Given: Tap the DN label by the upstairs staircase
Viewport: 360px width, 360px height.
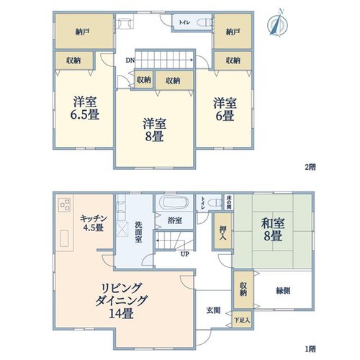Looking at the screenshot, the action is click(130, 60).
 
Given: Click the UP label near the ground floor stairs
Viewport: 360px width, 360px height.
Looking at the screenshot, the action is click(185, 254).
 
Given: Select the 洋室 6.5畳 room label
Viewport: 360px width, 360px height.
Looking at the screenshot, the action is click(85, 108).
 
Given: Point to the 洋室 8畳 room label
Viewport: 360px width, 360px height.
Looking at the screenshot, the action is click(154, 130).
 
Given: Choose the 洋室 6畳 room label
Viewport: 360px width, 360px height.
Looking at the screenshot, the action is click(225, 109).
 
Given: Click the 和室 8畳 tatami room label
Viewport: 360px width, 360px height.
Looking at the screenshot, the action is click(273, 230).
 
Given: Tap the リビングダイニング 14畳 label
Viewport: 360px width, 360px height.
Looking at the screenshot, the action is click(121, 301).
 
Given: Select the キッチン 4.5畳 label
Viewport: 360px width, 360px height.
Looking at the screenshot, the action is click(93, 222).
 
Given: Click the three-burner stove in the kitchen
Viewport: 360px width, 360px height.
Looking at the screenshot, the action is click(65, 204).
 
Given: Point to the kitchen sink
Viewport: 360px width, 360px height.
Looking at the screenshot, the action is click(64, 238).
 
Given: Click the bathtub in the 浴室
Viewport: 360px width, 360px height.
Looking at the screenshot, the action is click(175, 202).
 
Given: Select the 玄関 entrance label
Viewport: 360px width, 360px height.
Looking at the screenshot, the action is click(213, 310).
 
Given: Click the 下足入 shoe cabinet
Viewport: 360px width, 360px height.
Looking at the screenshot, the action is click(243, 320).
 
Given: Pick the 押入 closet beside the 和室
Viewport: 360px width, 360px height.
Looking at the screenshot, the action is click(222, 230).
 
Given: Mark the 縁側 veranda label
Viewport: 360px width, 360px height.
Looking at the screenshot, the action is click(283, 291).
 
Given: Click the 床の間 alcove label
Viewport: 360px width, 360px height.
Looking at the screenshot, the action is click(229, 202).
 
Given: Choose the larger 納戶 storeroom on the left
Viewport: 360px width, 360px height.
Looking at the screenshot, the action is click(84, 31).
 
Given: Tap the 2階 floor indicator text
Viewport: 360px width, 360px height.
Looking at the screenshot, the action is click(310, 167).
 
